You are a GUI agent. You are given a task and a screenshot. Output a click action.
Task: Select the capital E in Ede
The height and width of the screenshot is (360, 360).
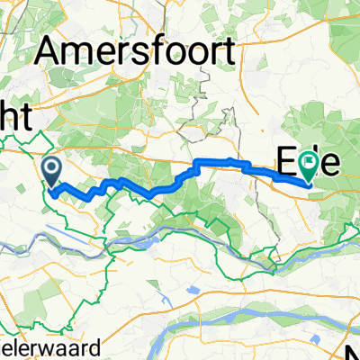coord(285,163)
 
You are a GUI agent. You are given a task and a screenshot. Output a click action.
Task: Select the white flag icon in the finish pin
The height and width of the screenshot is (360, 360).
coord(310,163)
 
